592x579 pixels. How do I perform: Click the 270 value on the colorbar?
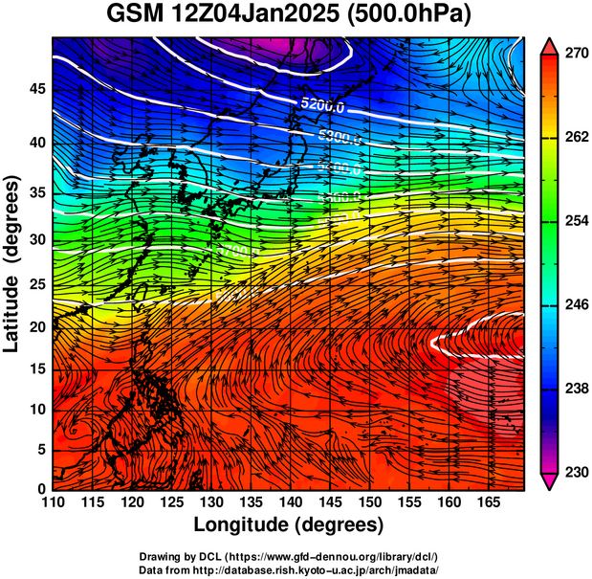(x=576, y=55)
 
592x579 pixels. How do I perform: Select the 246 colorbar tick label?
(x=576, y=305)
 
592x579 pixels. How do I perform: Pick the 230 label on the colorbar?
(x=576, y=473)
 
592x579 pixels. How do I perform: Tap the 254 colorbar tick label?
(x=576, y=222)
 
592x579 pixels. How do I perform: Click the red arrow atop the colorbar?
(x=550, y=46)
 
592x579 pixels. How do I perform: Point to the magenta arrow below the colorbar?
(x=550, y=481)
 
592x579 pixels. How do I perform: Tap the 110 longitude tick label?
(x=53, y=501)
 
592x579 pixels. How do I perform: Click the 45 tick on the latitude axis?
(x=38, y=88)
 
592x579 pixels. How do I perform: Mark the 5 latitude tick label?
(x=43, y=449)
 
